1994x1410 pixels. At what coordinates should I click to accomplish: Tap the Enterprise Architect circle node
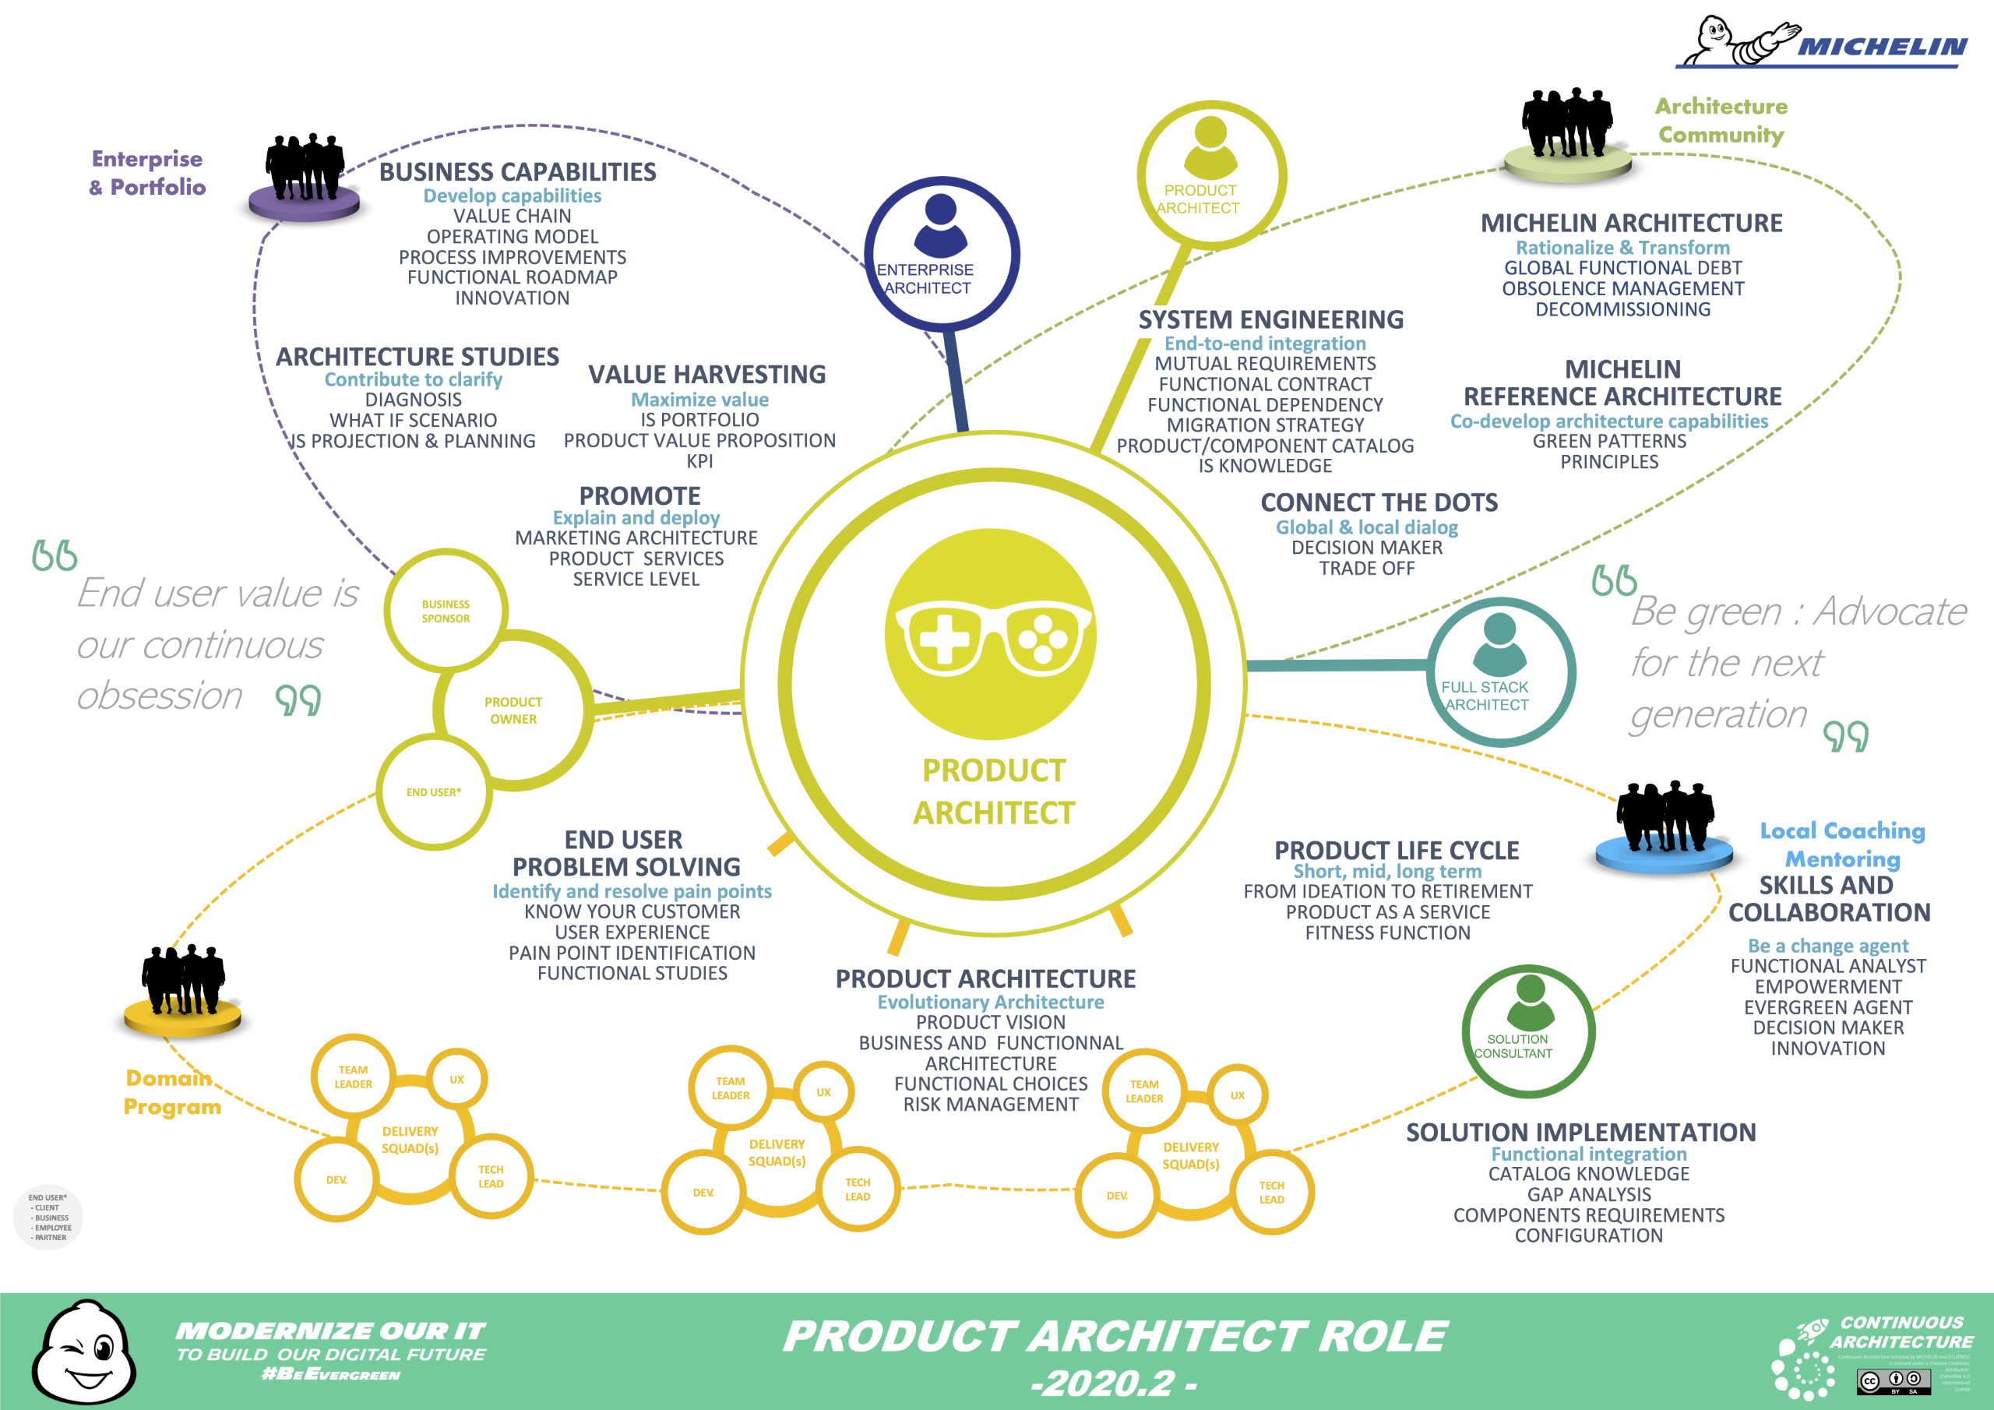coord(941,254)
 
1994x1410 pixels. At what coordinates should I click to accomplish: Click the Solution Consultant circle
coord(1528,1032)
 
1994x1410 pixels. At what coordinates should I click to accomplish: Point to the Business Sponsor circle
coord(446,611)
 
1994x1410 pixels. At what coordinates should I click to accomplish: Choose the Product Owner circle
coord(513,710)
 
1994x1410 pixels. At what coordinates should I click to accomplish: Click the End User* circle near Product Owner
coord(434,791)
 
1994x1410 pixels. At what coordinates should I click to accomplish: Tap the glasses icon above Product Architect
coord(990,636)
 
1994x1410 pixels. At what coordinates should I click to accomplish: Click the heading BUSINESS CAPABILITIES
coord(518,172)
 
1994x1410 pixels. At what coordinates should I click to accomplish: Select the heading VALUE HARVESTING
coord(707,375)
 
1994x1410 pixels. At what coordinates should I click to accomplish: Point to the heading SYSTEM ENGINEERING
coord(1270,319)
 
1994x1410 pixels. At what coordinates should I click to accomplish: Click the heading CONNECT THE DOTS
coord(1379,502)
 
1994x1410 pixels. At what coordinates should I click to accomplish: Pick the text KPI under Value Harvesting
coord(700,461)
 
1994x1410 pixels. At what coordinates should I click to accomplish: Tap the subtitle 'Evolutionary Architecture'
coord(990,1002)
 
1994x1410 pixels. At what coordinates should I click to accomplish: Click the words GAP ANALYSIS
coord(1588,1194)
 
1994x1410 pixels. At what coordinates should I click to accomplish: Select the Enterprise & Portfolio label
coord(148,172)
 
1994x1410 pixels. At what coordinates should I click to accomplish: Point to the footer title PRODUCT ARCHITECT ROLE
coord(1115,1336)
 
